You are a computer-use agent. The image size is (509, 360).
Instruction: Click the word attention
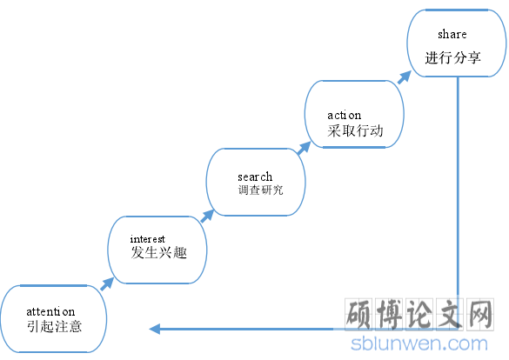(50, 311)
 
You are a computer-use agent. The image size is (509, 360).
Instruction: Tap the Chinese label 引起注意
(54, 326)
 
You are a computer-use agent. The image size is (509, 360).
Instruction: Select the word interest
(148, 239)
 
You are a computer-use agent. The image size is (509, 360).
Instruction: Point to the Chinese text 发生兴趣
(158, 252)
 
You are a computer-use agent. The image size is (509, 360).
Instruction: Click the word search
(255, 177)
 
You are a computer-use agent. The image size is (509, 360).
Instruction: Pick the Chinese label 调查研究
(260, 190)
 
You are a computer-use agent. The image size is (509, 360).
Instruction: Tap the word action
(344, 115)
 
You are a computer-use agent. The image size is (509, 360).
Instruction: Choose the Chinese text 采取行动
(355, 130)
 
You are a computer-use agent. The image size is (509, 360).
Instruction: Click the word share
(452, 34)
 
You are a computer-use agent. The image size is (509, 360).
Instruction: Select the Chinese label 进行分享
(452, 57)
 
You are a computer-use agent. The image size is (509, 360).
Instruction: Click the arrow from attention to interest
(107, 284)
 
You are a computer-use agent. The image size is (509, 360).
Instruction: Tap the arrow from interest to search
(207, 216)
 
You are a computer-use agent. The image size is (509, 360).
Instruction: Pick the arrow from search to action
(304, 148)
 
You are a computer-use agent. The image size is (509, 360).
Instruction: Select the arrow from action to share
(405, 77)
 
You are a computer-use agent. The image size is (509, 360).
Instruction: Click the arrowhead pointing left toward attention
(155, 329)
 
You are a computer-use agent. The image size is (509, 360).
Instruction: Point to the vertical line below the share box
(458, 203)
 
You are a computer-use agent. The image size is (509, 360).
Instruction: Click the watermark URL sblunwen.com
(419, 343)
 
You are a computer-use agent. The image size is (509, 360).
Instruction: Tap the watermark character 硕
(358, 315)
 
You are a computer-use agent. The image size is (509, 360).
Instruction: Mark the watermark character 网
(480, 315)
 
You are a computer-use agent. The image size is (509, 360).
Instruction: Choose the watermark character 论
(419, 315)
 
